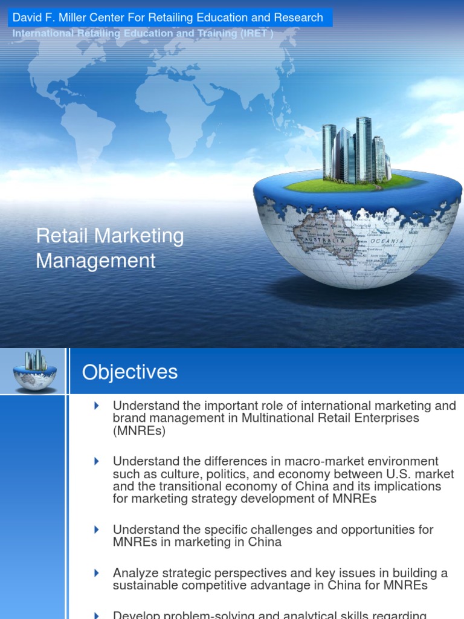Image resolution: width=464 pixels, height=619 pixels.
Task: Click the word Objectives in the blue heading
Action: point(130,372)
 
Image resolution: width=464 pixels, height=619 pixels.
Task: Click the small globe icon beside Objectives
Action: point(34,370)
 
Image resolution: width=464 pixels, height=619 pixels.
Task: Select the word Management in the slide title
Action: point(95,261)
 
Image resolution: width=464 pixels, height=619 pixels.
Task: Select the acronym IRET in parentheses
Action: point(255,33)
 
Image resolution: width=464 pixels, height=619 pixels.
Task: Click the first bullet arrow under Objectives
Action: point(97,406)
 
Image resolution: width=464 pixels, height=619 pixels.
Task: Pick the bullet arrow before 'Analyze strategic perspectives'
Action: point(97,572)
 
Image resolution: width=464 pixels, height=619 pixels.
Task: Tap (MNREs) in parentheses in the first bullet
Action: point(138,431)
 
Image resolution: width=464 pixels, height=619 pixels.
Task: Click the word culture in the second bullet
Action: point(156,475)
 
